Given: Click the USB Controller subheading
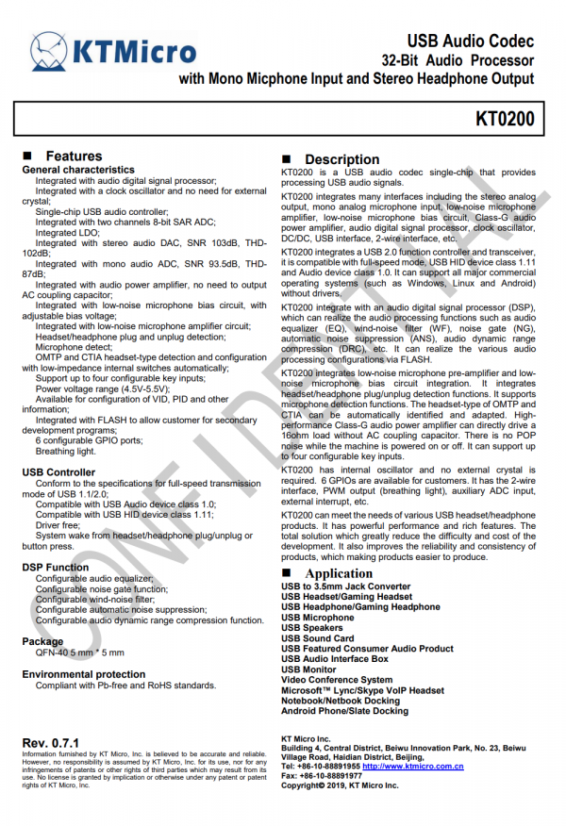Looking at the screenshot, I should tap(58, 471).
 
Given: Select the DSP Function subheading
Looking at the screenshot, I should tap(56, 568).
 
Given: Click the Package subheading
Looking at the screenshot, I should tap(43, 641).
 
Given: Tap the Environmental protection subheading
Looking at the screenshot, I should tap(84, 675).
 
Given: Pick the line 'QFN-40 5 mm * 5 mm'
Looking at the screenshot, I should tap(79, 653).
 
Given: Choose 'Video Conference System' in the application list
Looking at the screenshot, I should tap(337, 680).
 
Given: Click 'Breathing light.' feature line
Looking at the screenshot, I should tap(67, 452).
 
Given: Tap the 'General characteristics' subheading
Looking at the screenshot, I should tap(78, 170).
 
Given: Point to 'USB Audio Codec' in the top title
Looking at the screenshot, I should tap(470, 41).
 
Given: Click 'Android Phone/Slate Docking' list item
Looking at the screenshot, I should tap(345, 711).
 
